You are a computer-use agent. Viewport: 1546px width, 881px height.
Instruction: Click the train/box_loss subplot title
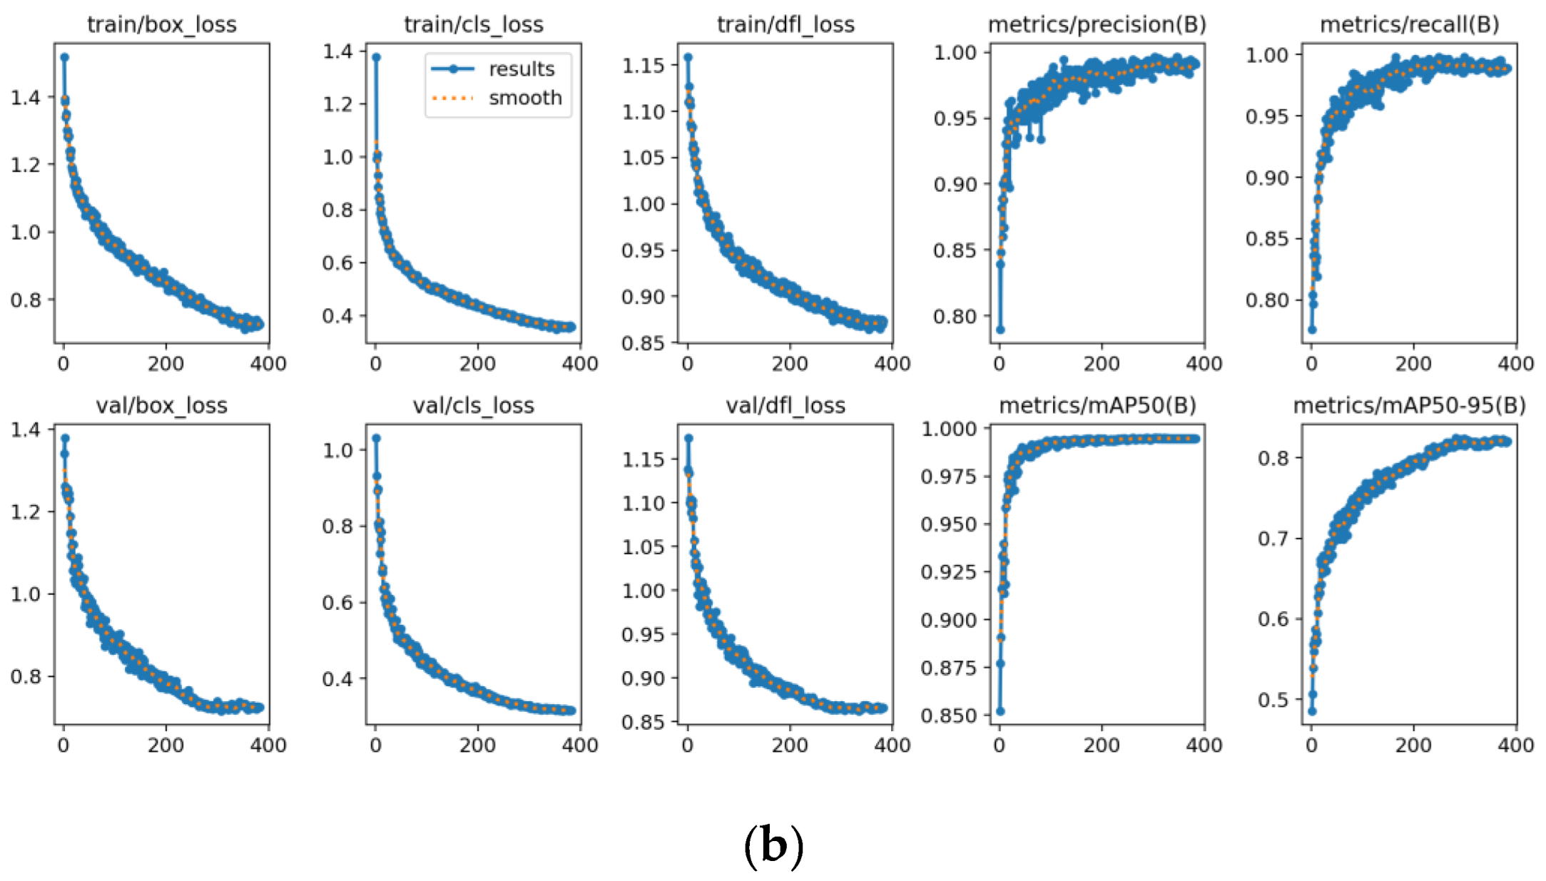161,25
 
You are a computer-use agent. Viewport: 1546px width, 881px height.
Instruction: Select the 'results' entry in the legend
521,69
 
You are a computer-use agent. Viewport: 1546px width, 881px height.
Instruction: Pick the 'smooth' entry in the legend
525,98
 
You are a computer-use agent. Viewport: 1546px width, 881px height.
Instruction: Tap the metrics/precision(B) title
1097,25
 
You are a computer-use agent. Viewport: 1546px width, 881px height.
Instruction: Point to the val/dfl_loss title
785,406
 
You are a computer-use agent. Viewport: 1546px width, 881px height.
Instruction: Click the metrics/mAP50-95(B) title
1409,406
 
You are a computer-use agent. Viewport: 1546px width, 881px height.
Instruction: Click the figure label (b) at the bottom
773,845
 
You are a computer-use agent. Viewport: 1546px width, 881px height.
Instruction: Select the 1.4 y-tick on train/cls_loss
337,51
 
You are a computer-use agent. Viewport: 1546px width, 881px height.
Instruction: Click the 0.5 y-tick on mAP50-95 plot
1273,700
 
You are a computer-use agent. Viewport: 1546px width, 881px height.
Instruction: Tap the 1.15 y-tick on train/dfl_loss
643,66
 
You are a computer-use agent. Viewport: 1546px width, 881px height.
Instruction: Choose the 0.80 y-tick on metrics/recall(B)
1266,300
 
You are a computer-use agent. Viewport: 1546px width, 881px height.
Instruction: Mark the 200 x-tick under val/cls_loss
477,745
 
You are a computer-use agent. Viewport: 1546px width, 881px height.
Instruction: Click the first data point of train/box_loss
65,57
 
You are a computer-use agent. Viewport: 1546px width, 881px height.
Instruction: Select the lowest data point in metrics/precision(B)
1000,330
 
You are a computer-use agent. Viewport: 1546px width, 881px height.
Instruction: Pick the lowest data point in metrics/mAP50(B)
1000,711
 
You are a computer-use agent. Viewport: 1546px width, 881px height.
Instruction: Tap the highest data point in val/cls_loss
377,438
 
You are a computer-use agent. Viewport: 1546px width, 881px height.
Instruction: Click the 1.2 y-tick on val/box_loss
25,512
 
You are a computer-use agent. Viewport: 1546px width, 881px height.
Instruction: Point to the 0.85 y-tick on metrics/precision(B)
954,251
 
